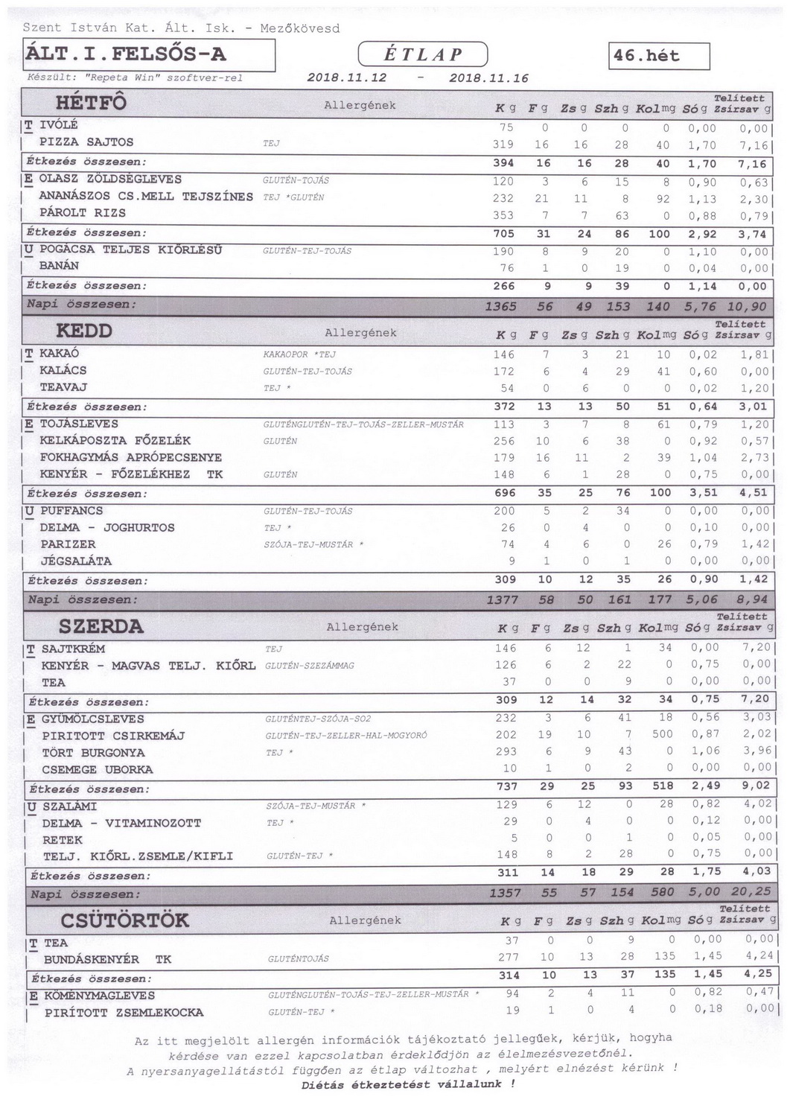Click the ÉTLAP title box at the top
click(423, 54)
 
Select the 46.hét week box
click(658, 57)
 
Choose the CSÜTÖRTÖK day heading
click(125, 920)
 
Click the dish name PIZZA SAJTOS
click(86, 142)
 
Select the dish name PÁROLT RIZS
click(83, 213)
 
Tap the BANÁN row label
click(60, 266)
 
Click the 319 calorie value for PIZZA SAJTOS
click(503, 145)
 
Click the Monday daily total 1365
click(500, 307)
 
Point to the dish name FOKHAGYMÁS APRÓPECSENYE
click(131, 457)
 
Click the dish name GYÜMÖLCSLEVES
click(93, 719)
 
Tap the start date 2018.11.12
click(346, 77)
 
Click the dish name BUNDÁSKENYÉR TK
click(107, 959)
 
